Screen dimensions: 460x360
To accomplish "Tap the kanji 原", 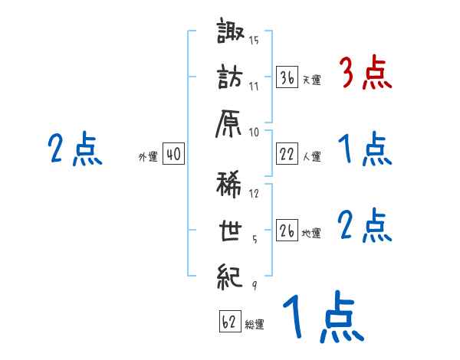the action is (x=231, y=121).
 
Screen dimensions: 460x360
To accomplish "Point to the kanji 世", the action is (x=231, y=229).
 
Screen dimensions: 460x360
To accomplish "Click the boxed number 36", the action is (x=287, y=77).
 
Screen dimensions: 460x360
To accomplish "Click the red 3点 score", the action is (x=366, y=74).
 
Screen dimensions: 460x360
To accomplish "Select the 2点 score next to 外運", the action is (x=75, y=149).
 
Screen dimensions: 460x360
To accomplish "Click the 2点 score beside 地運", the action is (x=366, y=226).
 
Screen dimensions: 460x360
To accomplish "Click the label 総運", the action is (x=255, y=325).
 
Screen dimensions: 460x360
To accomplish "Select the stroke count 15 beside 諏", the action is (x=254, y=41).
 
